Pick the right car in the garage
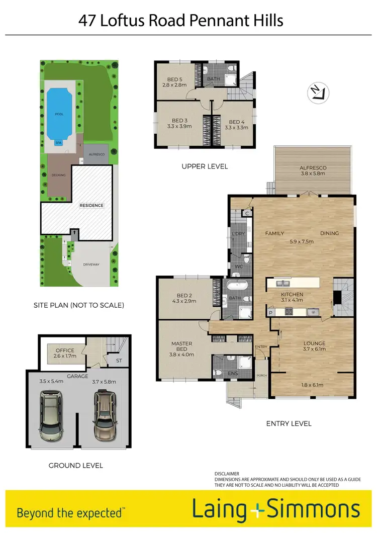tap(104, 414)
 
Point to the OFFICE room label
tap(65, 350)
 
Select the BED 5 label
tap(174, 78)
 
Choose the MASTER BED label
tap(182, 346)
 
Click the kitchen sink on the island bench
tap(279, 283)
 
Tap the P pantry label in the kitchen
tap(271, 313)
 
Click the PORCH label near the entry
tap(261, 375)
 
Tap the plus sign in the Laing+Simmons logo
tap(257, 509)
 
